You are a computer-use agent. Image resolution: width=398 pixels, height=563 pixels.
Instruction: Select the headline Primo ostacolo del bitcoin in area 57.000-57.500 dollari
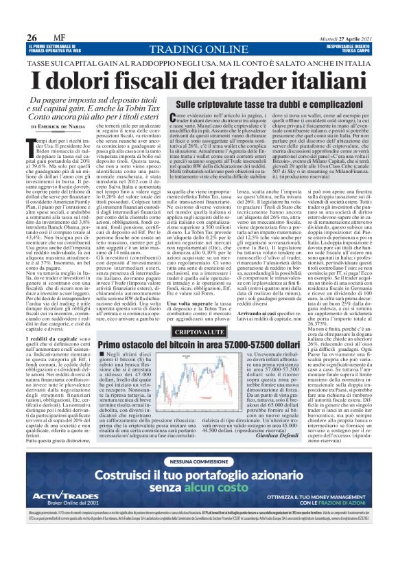195,345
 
